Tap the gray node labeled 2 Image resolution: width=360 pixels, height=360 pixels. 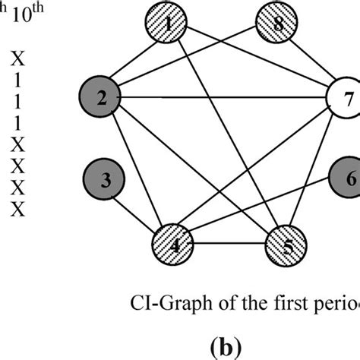(x=101, y=97)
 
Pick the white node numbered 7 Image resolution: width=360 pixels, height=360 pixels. (x=347, y=98)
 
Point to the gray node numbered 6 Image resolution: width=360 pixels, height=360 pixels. (x=348, y=179)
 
